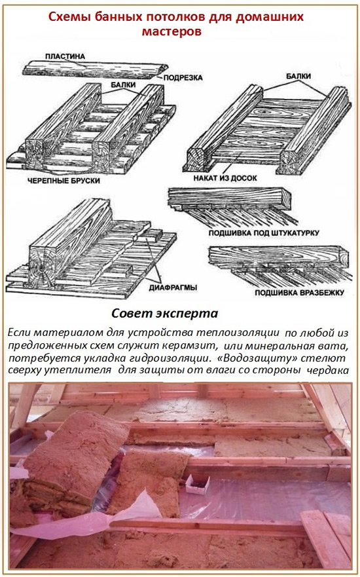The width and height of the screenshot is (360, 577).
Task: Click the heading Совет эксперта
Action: tap(164, 312)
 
